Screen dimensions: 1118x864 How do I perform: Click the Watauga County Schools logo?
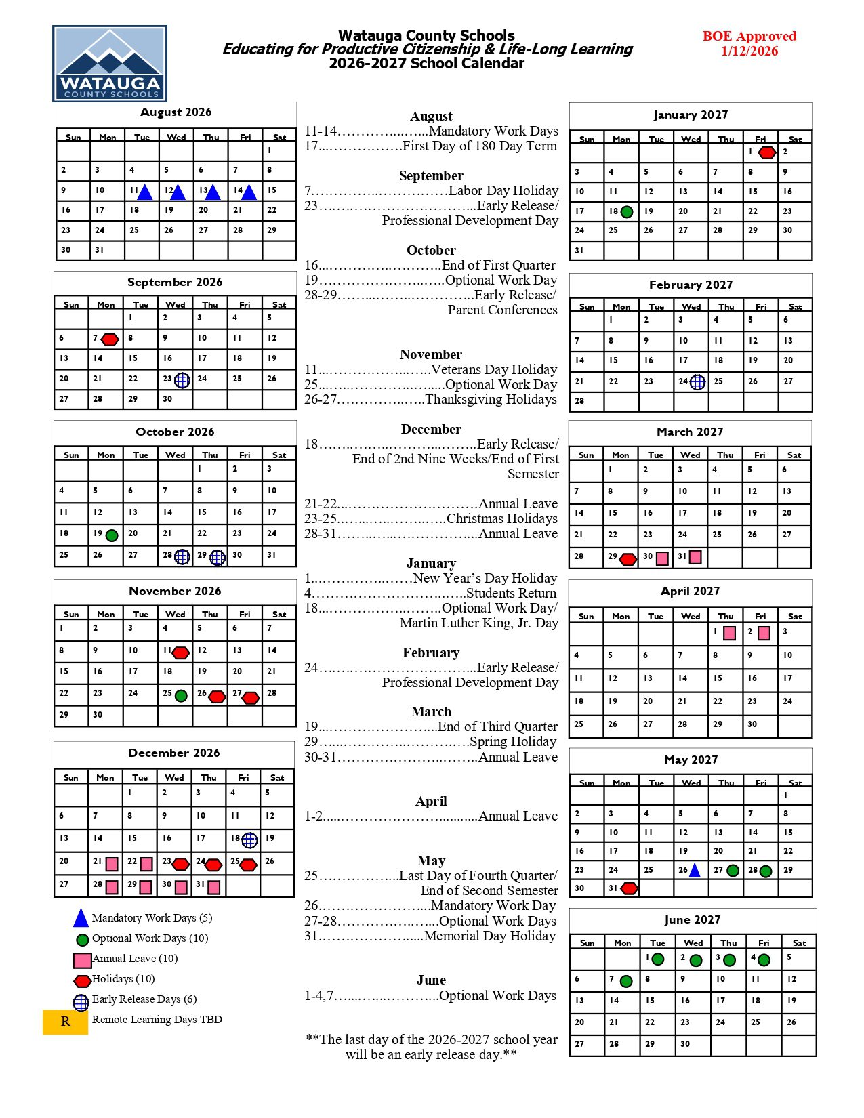coord(110,64)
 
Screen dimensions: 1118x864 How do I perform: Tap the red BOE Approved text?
coord(749,37)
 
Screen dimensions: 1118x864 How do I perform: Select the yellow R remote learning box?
coord(65,1022)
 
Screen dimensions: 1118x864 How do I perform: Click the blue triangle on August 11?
coord(144,193)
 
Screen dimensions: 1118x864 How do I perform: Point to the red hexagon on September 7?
coord(110,339)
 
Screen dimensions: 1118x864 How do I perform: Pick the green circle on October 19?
coord(112,535)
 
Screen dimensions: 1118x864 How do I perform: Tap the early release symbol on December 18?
coord(249,840)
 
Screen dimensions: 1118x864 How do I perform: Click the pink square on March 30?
coord(662,558)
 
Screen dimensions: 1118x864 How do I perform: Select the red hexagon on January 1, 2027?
coord(766,153)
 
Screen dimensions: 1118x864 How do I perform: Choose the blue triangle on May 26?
coord(695,871)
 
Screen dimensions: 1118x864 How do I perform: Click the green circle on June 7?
coord(626,981)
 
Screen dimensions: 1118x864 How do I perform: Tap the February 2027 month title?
coord(691,285)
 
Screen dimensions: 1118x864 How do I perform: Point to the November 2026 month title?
coord(175,591)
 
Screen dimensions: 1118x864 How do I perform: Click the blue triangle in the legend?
coord(81,919)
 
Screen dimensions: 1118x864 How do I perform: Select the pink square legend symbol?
coord(82,960)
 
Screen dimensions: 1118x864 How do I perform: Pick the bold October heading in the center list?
coord(431,250)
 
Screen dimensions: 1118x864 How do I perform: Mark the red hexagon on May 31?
coord(630,888)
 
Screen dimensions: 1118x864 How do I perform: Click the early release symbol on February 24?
coord(697,383)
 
